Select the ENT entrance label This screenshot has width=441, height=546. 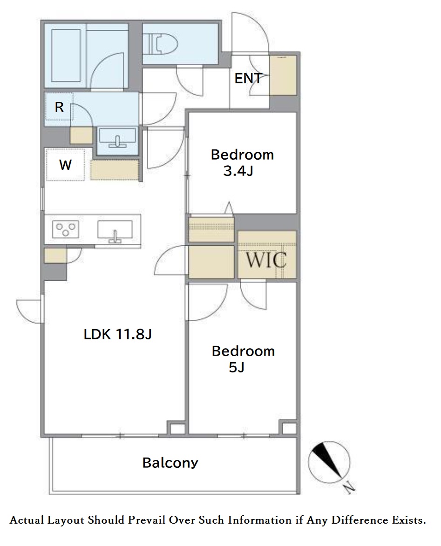pos(248,78)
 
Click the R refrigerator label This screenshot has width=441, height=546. pos(59,107)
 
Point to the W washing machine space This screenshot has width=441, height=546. pos(66,164)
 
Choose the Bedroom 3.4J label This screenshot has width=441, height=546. pos(242,162)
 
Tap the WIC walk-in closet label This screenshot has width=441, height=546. pos(266,259)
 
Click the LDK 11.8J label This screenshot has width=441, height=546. pos(118,335)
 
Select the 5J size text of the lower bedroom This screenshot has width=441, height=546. pos(237,367)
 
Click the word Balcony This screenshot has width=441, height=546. pos(170,463)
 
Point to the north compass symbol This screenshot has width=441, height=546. pos(329,462)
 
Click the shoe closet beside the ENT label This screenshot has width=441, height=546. pos(283,75)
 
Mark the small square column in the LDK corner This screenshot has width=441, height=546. pos(172,428)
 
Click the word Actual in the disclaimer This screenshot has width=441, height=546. pos(27,520)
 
